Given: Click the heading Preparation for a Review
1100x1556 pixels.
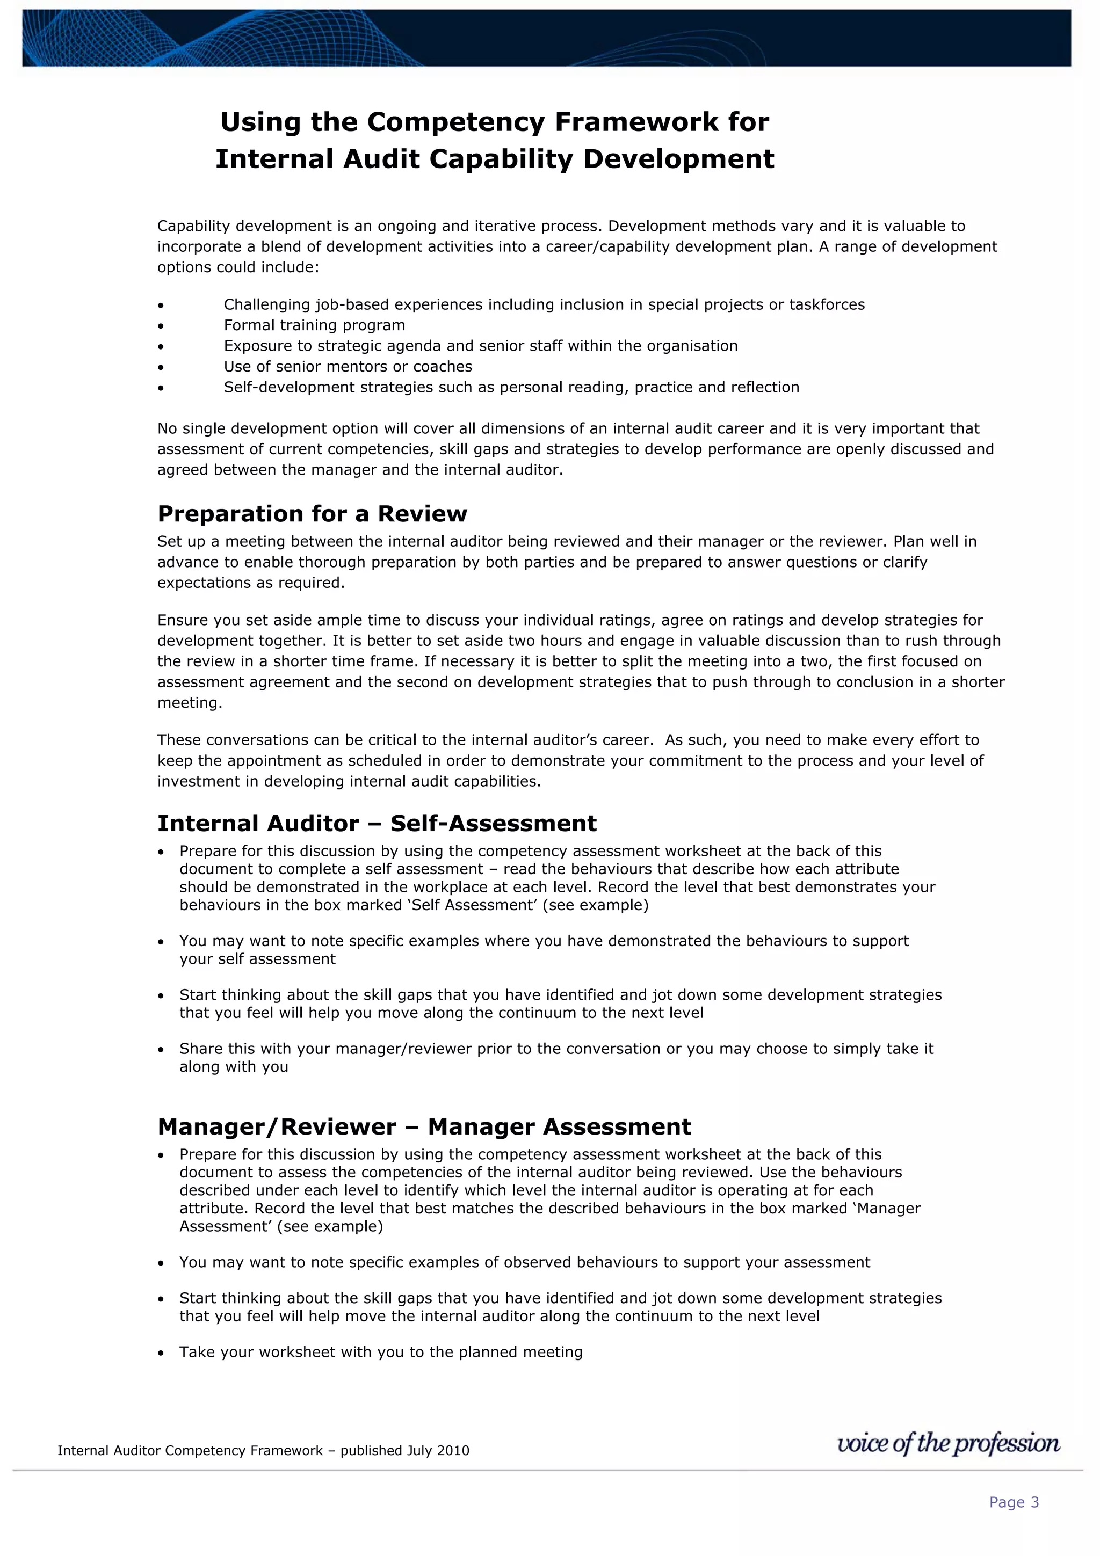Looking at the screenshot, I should (312, 514).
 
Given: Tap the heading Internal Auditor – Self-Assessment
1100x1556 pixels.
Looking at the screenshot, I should (377, 824).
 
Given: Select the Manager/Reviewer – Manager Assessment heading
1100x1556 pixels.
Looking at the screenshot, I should (424, 1126).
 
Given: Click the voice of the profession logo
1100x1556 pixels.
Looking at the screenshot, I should (948, 1443).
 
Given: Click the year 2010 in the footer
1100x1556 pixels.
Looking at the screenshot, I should (453, 1451).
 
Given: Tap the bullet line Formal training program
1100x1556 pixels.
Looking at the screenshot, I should (315, 325).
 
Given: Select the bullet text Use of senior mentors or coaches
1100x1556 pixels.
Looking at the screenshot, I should (348, 367).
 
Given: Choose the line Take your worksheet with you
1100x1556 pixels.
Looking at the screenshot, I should (380, 1352).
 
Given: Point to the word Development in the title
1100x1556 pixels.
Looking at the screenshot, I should (678, 159).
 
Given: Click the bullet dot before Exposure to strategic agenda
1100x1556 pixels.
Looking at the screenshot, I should (161, 347).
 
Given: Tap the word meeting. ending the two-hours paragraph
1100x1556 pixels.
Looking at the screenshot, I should (190, 703).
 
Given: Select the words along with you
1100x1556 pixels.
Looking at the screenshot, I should (234, 1067).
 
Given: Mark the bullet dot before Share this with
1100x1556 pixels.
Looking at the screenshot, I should (161, 1050).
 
